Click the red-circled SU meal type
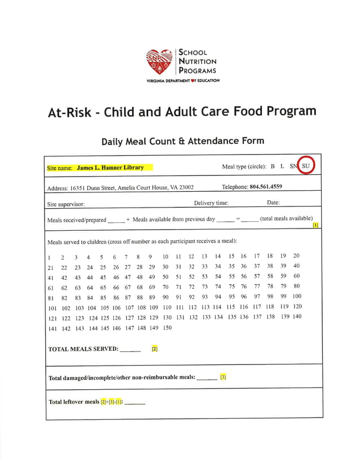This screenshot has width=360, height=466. (x=306, y=166)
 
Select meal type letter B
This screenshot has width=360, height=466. (x=273, y=166)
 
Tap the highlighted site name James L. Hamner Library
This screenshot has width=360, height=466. (x=110, y=168)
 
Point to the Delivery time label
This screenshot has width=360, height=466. (x=211, y=203)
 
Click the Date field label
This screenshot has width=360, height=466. (x=273, y=203)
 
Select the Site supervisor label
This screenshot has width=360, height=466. (x=66, y=204)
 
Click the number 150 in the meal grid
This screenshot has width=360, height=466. (x=167, y=328)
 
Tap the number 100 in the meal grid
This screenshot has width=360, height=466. (x=297, y=296)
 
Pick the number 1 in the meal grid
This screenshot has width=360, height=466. (x=50, y=257)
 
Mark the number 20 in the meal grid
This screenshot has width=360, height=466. (x=296, y=256)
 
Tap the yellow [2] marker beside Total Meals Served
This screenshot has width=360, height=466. (x=154, y=349)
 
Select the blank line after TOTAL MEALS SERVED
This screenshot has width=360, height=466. (x=130, y=350)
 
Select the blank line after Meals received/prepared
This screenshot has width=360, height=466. (x=116, y=221)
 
